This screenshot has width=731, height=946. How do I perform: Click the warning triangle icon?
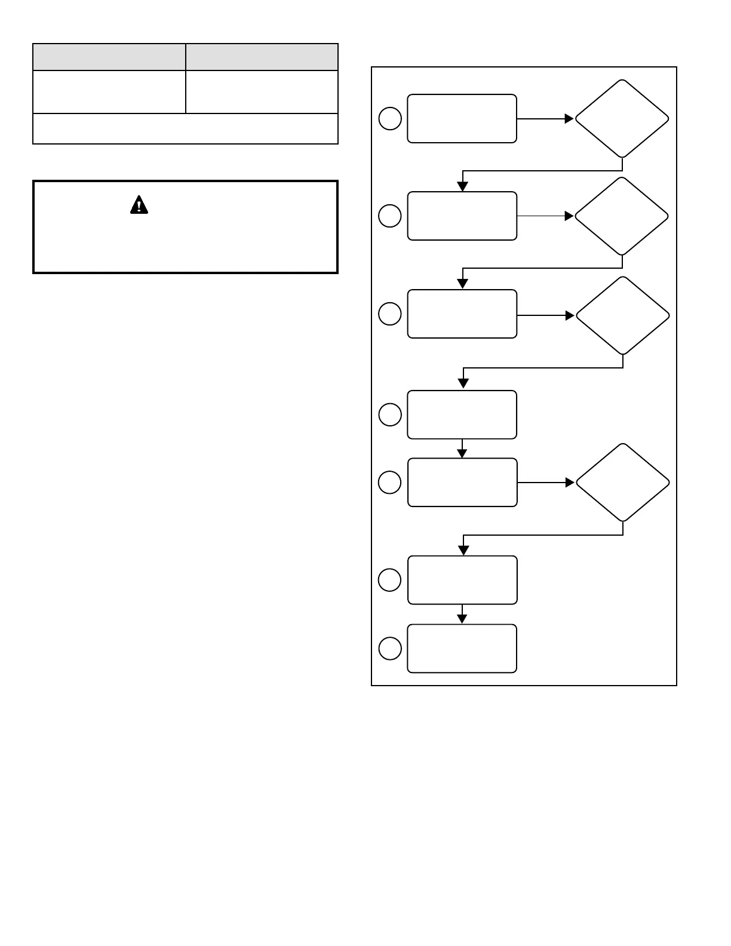pyautogui.click(x=139, y=205)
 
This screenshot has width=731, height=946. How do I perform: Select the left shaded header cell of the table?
pyautogui.click(x=109, y=57)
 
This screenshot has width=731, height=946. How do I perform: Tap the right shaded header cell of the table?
pyautogui.click(x=262, y=57)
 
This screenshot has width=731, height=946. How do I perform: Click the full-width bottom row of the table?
pyautogui.click(x=185, y=128)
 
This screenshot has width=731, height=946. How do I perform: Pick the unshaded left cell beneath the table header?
pyautogui.click(x=109, y=92)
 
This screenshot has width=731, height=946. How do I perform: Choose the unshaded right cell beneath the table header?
pyautogui.click(x=262, y=92)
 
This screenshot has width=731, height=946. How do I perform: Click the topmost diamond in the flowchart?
pyautogui.click(x=622, y=118)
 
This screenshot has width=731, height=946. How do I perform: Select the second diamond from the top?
pyautogui.click(x=622, y=216)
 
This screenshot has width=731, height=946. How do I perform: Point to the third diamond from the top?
pyautogui.click(x=622, y=315)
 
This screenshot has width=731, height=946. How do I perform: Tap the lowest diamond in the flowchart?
pyautogui.click(x=622, y=483)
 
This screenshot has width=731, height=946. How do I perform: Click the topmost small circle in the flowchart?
pyautogui.click(x=390, y=118)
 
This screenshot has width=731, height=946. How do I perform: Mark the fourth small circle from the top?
pyautogui.click(x=390, y=414)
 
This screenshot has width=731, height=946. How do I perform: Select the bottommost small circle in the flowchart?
pyautogui.click(x=390, y=649)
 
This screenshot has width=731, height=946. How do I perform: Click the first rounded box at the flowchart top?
pyautogui.click(x=462, y=118)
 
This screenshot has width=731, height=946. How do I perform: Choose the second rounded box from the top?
pyautogui.click(x=462, y=216)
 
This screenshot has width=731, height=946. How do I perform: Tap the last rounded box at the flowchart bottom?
pyautogui.click(x=462, y=649)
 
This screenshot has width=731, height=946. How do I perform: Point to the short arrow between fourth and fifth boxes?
pyautogui.click(x=462, y=449)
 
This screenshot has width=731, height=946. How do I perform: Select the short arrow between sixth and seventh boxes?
pyautogui.click(x=462, y=615)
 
